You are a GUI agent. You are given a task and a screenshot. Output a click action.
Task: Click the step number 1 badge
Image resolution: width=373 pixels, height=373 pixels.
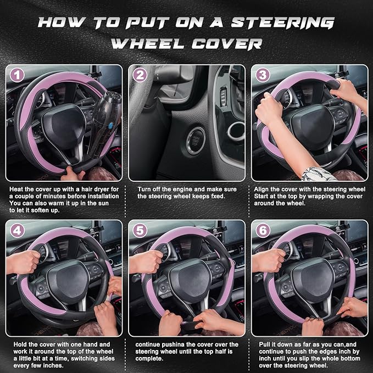coord(18,75)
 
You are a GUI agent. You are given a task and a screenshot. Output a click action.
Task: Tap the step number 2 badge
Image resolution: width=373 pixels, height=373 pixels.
coord(141,75)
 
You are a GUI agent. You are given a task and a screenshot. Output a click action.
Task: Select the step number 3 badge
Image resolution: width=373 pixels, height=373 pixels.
coord(264,75)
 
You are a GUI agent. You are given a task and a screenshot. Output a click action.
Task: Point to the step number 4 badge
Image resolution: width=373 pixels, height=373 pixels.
coord(18,231)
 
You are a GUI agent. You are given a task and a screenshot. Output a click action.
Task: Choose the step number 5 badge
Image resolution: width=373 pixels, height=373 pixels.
coord(141,231)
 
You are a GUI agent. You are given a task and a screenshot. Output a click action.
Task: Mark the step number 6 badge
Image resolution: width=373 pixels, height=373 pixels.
coord(264,231)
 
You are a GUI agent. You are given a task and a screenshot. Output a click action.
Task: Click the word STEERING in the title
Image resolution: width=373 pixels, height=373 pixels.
coord(292,23)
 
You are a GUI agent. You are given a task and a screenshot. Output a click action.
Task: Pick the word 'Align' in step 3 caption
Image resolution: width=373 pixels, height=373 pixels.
coord(263,188)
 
